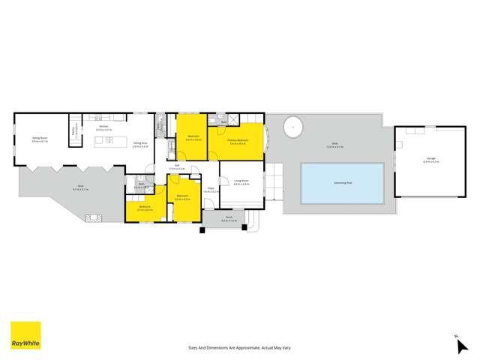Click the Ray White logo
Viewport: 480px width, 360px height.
pyautogui.click(x=25, y=335)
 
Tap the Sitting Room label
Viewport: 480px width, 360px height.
pyautogui.click(x=40, y=139)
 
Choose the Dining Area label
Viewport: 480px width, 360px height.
pyautogui.click(x=139, y=145)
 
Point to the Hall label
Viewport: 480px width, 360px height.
pyautogui.click(x=177, y=167)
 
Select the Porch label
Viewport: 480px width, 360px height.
pyautogui.click(x=229, y=220)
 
